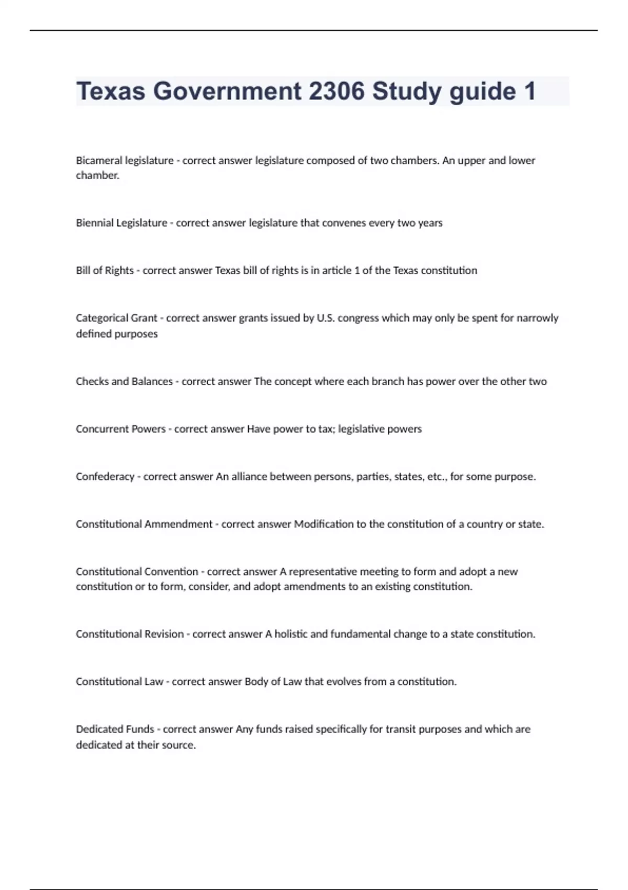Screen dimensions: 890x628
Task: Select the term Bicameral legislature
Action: [125, 160]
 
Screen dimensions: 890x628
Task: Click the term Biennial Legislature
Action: [121, 223]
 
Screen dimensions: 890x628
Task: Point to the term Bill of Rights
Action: [105, 271]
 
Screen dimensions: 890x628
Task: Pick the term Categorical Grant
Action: [116, 318]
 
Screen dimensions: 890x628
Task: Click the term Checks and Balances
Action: [124, 382]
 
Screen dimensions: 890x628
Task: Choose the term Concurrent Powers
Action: [120, 429]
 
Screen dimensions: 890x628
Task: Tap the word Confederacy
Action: [105, 477]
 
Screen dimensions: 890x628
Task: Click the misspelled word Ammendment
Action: [178, 524]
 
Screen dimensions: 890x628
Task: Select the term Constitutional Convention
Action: [137, 572]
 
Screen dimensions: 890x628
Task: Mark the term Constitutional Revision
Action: [130, 634]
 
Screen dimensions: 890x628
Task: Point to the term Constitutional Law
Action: [119, 682]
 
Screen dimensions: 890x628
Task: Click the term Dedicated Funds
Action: [115, 729]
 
